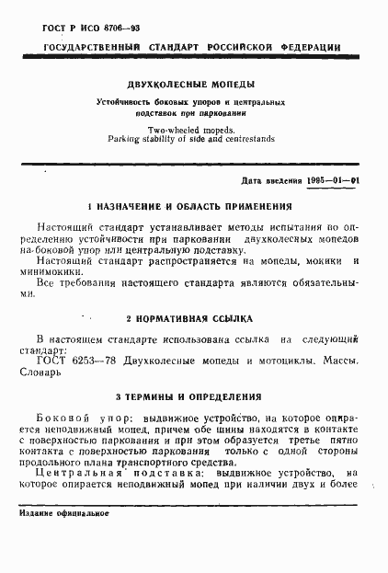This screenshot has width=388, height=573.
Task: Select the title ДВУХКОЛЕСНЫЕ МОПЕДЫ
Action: click(193, 81)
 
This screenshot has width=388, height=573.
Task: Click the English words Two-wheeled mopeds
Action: click(193, 131)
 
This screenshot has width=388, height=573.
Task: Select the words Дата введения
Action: click(266, 183)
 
